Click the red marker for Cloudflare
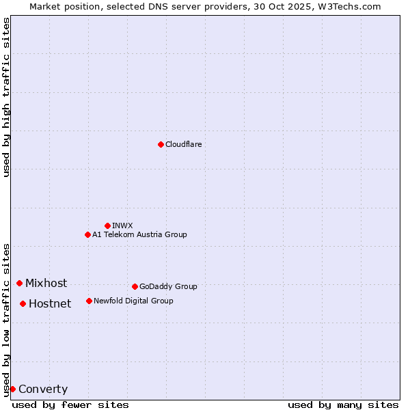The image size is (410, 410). point(161,144)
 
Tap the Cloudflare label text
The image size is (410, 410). point(183,144)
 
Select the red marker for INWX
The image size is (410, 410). point(107,225)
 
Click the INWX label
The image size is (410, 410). point(122,225)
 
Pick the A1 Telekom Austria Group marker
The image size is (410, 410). point(87,234)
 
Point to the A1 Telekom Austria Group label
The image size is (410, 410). point(139,234)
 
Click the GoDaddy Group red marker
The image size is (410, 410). point(135,286)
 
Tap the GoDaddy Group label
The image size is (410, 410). point(168,286)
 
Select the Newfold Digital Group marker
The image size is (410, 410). point(89,301)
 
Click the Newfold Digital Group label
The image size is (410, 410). point(133,301)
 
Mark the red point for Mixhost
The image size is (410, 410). point(19,283)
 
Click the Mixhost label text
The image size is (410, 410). point(46,283)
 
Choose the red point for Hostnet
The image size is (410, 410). point(23,303)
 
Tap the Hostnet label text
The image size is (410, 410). point(50,304)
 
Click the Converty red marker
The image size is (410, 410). point(12,389)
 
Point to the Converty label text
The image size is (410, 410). point(43,389)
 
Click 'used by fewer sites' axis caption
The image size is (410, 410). point(70,405)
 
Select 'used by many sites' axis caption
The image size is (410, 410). point(343,405)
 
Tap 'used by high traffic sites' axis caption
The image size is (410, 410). point(6,97)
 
